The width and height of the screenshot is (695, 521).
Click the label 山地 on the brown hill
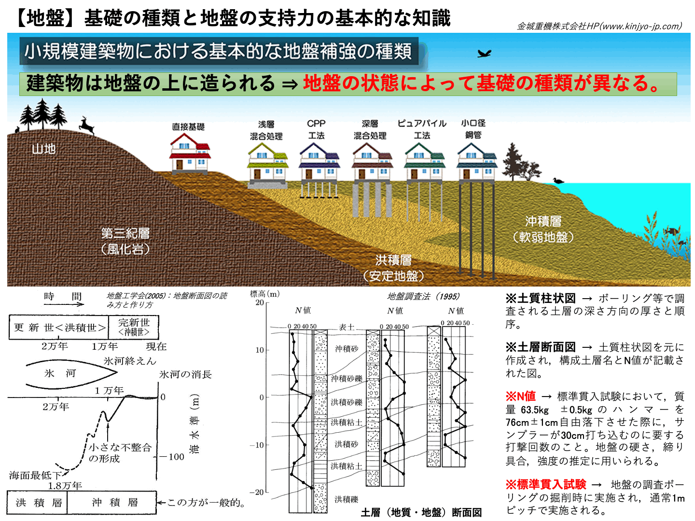44,149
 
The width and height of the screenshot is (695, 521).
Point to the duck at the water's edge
558,180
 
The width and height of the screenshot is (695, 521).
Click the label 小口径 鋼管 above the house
473,129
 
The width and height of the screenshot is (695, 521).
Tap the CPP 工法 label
316,129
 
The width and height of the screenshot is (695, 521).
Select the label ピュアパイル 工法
422,129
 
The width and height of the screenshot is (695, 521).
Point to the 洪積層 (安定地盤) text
393,268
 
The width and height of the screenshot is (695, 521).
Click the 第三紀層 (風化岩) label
125,241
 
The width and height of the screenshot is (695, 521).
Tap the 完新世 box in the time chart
134,327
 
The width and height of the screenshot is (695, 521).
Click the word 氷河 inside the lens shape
60,373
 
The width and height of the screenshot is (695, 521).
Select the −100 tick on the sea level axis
171,457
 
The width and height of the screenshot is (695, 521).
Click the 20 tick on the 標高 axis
260,302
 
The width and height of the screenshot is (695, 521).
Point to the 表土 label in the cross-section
346,327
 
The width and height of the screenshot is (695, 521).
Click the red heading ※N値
521,396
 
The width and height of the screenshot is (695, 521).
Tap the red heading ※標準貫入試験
546,484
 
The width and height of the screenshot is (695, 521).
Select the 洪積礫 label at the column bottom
347,499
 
